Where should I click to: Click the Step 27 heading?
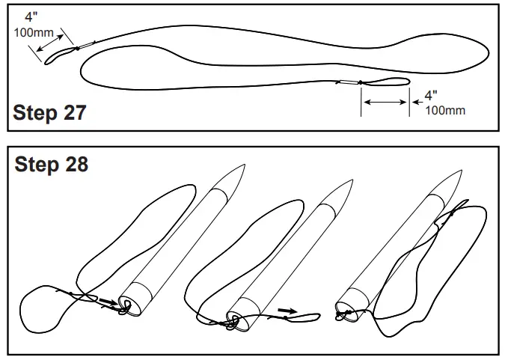click(49, 113)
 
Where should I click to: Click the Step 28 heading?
click(51, 165)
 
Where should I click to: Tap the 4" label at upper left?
click(29, 17)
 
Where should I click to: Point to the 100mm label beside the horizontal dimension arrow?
click(444, 111)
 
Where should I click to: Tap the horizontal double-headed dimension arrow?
click(385, 100)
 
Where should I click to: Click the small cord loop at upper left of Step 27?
click(60, 55)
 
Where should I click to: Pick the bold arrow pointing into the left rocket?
click(108, 302)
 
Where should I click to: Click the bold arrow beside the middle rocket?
click(287, 309)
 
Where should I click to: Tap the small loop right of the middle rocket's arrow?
click(309, 317)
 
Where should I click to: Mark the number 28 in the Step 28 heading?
click(76, 165)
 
